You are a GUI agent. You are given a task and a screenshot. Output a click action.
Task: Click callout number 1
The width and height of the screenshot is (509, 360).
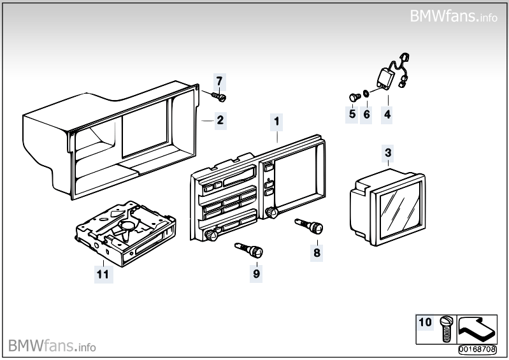pos(276,120)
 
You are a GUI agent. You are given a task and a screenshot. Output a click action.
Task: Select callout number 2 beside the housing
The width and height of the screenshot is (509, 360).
pos(220,119)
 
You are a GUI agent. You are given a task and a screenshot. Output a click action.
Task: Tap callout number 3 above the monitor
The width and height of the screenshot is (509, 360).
pos(388,152)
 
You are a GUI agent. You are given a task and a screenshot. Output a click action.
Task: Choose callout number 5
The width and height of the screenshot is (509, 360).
pos(352,115)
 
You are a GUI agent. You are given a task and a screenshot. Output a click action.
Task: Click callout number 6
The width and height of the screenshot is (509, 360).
pos(366,115)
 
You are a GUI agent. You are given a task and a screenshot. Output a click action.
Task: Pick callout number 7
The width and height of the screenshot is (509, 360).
pos(220,82)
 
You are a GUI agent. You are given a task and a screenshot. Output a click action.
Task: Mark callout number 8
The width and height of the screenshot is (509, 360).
pos(317,252)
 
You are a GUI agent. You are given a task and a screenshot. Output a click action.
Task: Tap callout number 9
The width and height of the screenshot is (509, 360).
pos(257,273)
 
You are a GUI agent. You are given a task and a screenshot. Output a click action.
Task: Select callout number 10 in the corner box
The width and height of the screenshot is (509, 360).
pos(426,322)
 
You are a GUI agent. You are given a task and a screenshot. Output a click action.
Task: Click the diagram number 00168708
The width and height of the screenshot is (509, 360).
pos(477,349)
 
